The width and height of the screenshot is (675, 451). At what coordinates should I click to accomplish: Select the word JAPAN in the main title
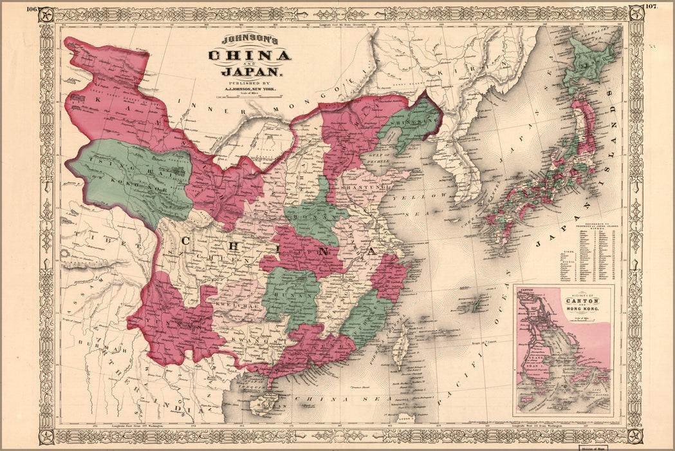coord(249,72)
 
